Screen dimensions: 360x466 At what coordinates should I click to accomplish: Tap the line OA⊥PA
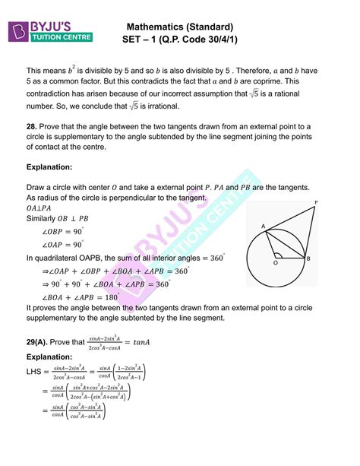[39, 208]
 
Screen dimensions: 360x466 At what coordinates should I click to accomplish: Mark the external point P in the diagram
[315, 203]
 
